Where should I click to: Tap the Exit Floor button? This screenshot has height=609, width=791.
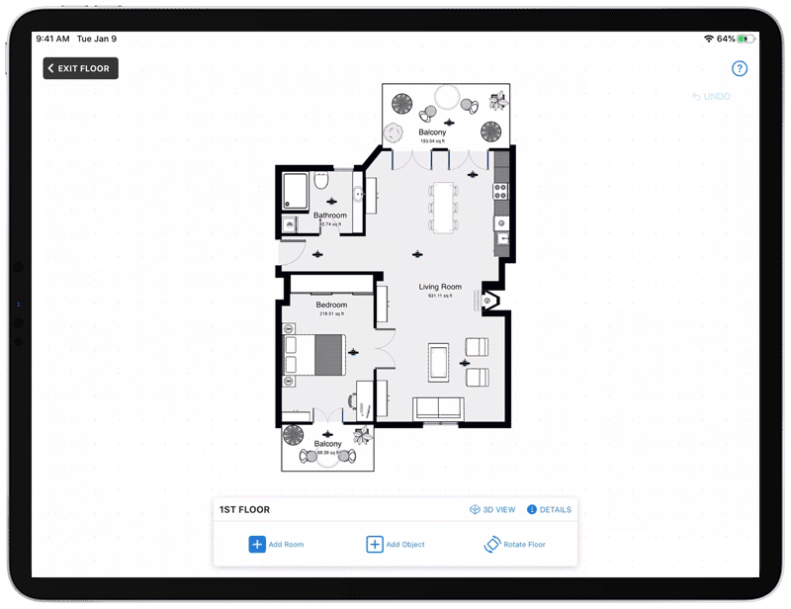(81, 68)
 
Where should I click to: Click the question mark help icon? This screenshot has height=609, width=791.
(740, 68)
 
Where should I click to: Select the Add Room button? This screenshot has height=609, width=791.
(276, 544)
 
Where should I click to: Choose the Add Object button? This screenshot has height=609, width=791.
(395, 544)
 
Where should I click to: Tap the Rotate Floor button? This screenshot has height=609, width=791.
(514, 544)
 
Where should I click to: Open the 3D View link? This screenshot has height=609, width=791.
(492, 510)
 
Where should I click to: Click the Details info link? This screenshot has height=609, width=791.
(549, 510)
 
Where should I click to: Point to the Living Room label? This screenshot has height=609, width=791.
(440, 288)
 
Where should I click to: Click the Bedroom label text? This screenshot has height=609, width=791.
(331, 305)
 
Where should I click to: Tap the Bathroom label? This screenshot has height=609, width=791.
(330, 216)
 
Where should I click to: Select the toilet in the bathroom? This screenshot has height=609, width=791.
(321, 184)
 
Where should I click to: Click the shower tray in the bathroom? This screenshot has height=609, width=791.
(296, 190)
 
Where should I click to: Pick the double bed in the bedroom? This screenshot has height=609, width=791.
(315, 354)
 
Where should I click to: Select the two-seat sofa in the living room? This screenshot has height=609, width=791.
(438, 407)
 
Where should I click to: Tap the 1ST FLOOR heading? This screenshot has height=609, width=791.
(244, 510)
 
